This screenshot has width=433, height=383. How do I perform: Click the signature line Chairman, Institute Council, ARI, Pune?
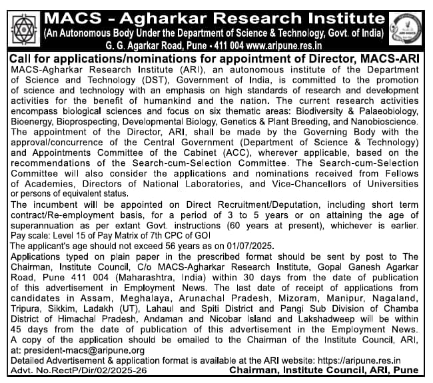click(324, 370)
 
